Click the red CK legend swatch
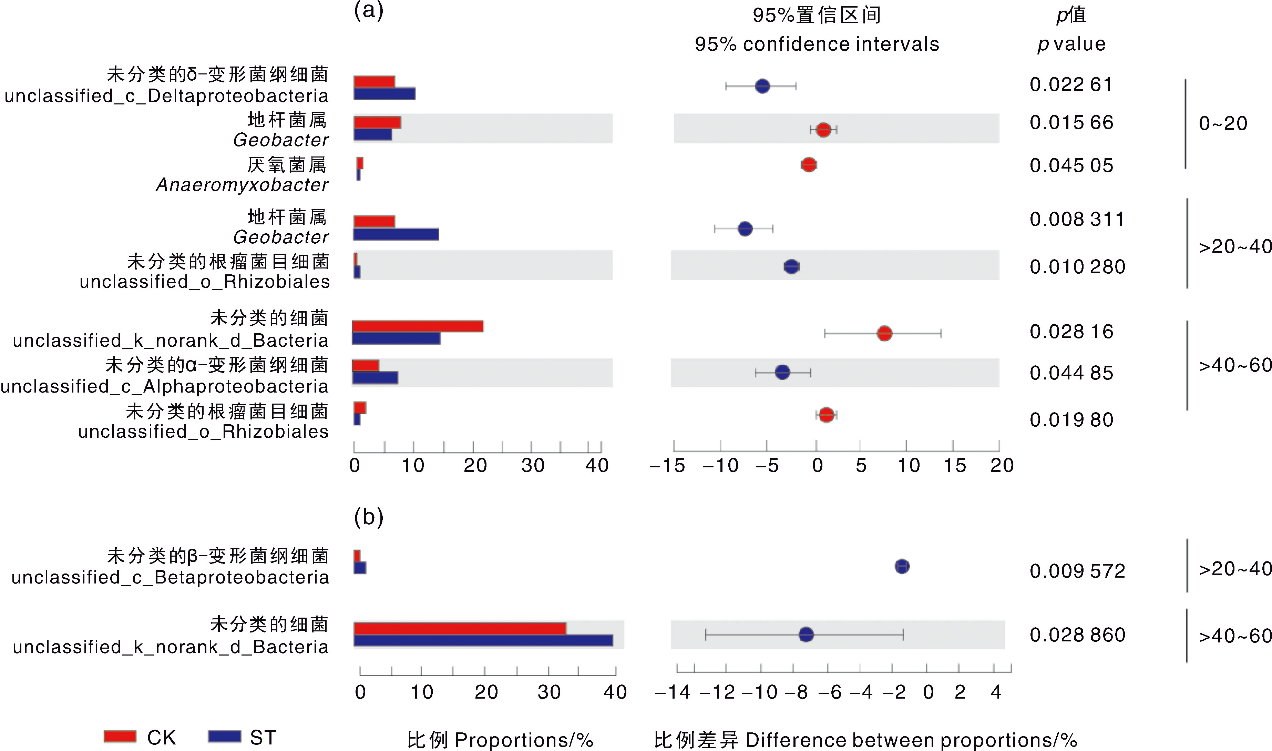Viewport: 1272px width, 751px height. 120,736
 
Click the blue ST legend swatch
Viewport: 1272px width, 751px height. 224,736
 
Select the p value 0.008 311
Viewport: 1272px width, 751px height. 1077,219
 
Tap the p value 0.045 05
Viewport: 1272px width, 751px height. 1071,165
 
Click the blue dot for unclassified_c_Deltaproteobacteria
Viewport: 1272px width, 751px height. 762,86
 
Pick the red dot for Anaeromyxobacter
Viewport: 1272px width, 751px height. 809,165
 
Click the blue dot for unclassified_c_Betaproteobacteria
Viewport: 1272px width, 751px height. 902,566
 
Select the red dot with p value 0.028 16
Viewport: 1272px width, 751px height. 884,334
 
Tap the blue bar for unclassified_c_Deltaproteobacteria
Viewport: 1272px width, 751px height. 384,94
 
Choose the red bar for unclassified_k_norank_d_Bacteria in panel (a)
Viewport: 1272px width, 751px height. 418,326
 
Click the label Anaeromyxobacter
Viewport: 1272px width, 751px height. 242,185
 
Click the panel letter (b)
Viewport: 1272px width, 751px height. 369,517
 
